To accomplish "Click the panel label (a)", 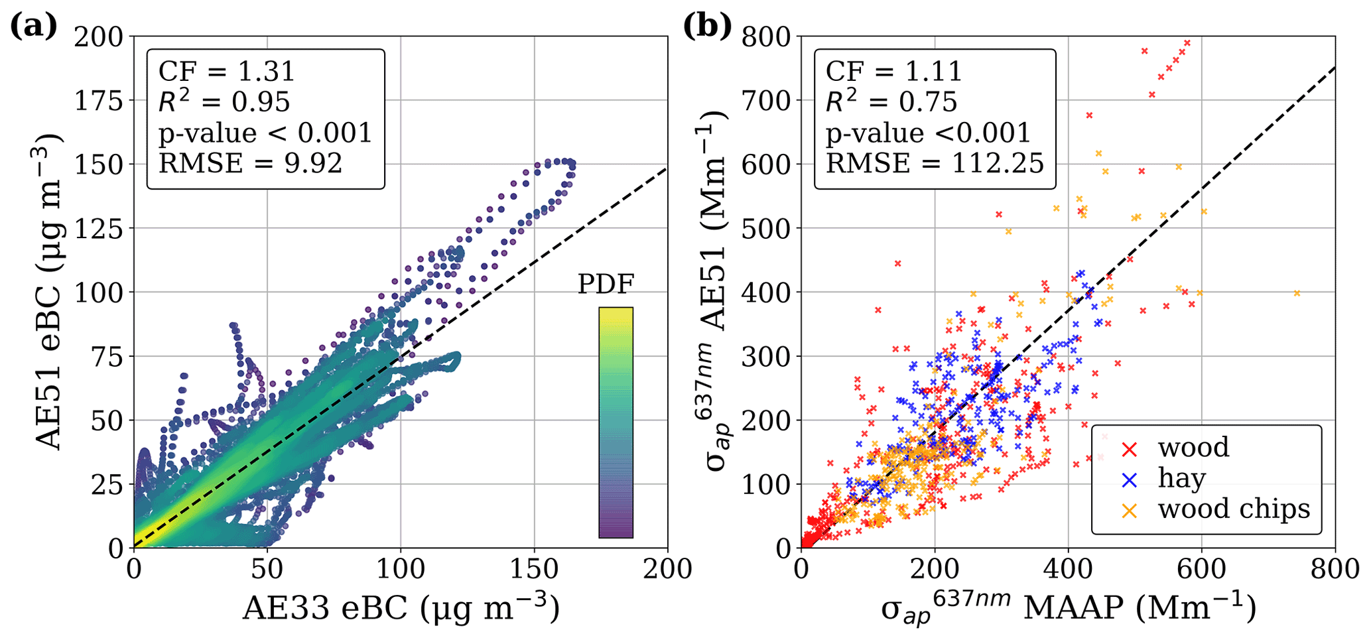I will pos(34,27).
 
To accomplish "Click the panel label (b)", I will pos(708,27).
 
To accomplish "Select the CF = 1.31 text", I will pos(226,71).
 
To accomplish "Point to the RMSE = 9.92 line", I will pos(250,163).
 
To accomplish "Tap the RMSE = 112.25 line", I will pos(935,163).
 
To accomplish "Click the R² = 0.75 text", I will pos(891,101).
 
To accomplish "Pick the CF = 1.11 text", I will pos(893,71).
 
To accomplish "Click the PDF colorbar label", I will pos(606,284).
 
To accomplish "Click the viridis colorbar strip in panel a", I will pos(616,422).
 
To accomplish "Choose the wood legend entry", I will pos(1193,448).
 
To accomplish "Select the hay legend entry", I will pos(1181,478).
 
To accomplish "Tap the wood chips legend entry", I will pos(1234,509).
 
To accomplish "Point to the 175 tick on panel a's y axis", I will pos(99,101).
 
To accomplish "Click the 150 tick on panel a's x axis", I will pos(534,569).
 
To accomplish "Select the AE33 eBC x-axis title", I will pos(401,608).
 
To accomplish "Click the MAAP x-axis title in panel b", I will pos(1068,608).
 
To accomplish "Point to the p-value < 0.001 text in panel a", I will pos(265,133).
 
